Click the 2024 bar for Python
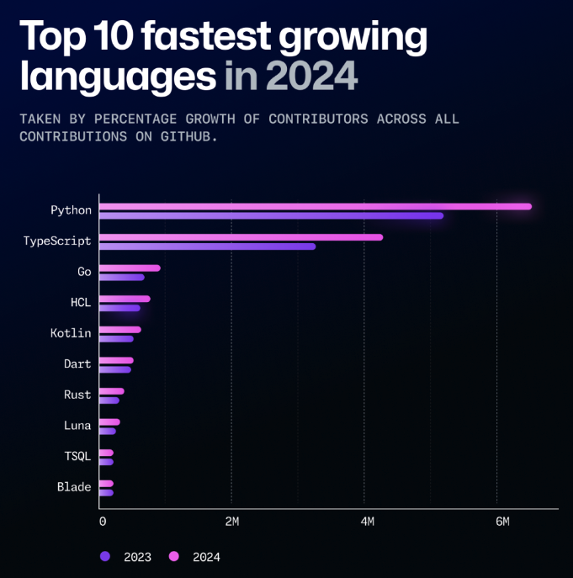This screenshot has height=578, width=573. [316, 206]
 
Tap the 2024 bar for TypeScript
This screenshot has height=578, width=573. [241, 237]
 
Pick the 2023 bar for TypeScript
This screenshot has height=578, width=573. [207, 247]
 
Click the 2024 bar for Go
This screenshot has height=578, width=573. [130, 268]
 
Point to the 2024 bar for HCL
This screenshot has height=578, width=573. [125, 299]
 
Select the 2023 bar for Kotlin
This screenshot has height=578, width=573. [116, 339]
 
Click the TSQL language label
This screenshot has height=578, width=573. [77, 456]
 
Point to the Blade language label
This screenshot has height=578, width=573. [74, 487]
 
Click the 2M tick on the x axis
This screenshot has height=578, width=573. [232, 522]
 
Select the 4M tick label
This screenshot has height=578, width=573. [367, 522]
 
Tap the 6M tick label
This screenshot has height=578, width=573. [501, 522]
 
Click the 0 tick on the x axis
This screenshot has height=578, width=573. [103, 522]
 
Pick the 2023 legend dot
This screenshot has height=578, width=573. [105, 556]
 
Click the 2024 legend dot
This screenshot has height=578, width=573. [175, 556]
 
